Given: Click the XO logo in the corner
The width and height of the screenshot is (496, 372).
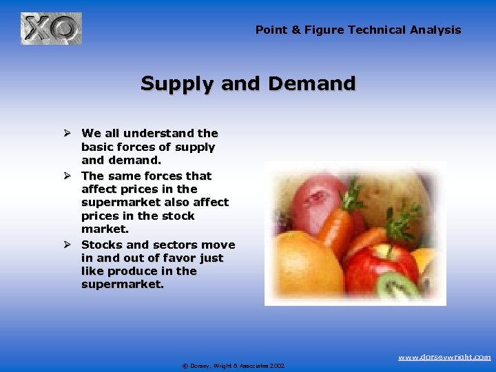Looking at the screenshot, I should tap(51, 29).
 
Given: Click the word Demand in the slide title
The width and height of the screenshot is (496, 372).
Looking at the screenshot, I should tap(311, 84).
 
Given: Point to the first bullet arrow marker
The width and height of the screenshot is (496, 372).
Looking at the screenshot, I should tap(68, 133).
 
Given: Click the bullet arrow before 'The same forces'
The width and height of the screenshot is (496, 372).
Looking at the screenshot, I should tap(68, 176).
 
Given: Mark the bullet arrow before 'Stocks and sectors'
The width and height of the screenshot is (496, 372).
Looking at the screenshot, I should tap(68, 245).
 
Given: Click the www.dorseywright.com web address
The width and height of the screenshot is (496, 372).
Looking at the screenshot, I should tap(444, 357).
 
